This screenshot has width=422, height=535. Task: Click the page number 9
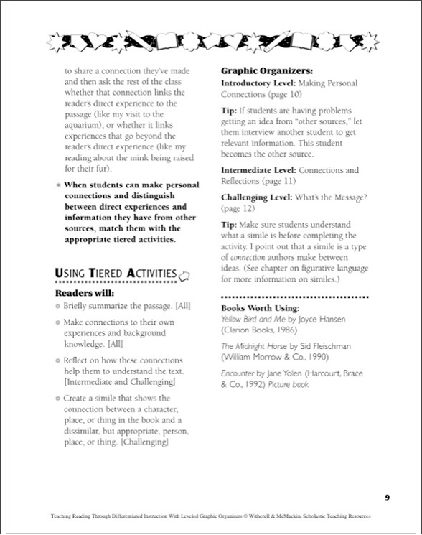[387, 496]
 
